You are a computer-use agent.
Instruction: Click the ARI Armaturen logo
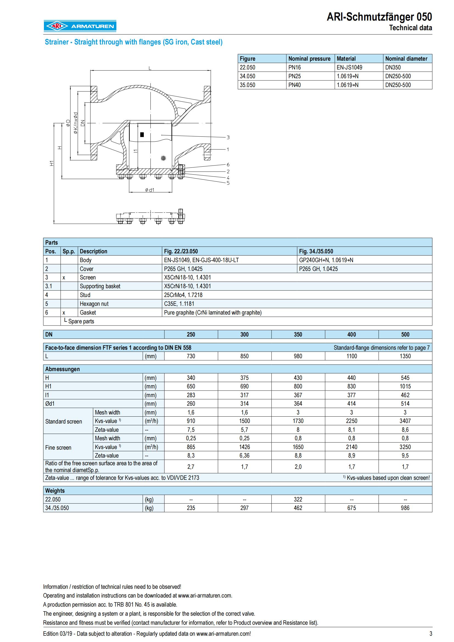click(x=80, y=26)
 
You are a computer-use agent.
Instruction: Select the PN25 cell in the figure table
click(x=294, y=76)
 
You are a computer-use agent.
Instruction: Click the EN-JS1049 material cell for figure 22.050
click(x=349, y=68)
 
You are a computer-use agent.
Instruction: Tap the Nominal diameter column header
click(x=406, y=59)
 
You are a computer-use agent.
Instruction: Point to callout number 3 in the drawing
click(x=228, y=137)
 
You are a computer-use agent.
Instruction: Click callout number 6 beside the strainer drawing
click(x=228, y=165)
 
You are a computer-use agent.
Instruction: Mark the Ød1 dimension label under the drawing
click(x=150, y=190)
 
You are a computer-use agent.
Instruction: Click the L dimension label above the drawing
click(x=150, y=68)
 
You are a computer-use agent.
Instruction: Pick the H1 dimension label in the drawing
click(x=52, y=163)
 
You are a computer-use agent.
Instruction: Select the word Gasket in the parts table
click(x=88, y=313)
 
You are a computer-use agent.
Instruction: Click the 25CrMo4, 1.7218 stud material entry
click(x=183, y=295)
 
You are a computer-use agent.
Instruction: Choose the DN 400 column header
click(x=351, y=334)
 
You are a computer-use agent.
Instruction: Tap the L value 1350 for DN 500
click(x=405, y=356)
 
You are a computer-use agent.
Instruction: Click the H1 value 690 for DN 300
click(x=244, y=386)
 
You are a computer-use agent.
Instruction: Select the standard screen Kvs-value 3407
click(x=405, y=421)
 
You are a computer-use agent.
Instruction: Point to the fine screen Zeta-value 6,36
click(x=244, y=456)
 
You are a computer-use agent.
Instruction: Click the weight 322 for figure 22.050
click(x=298, y=499)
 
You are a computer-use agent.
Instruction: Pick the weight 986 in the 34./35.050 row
click(x=405, y=508)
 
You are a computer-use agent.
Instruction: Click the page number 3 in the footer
click(x=430, y=633)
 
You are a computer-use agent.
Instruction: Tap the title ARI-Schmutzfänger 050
click(x=379, y=17)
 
